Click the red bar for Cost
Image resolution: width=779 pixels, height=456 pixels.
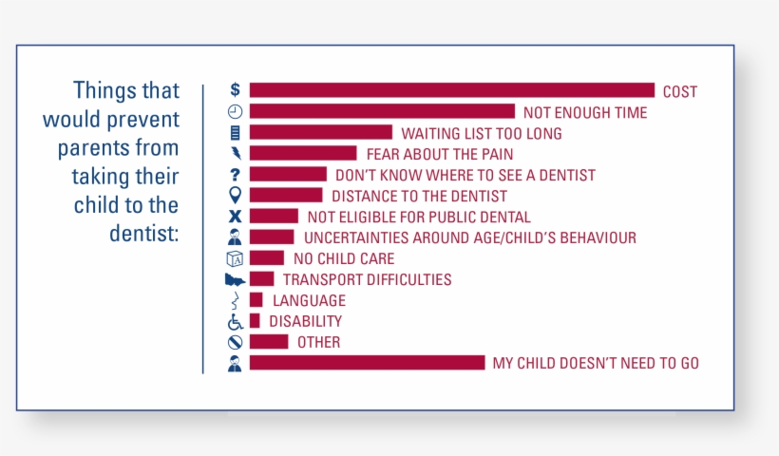point(452,90)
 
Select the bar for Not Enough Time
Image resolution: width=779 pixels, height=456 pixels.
point(382,111)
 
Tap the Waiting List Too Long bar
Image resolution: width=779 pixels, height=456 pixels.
point(321,132)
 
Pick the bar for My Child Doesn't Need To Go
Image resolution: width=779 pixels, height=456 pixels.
point(367,363)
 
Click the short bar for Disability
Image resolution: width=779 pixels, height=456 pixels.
point(255,321)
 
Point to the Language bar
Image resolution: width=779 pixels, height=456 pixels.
point(256,299)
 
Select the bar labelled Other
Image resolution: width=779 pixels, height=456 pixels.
point(269,342)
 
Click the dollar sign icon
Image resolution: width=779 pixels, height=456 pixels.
point(235,89)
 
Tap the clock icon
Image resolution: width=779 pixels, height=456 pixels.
point(235,111)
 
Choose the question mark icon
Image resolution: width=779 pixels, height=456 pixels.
point(235,175)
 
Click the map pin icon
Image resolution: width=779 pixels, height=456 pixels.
point(235,195)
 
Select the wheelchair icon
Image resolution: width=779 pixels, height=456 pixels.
point(235,321)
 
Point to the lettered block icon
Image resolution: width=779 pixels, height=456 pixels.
point(235,258)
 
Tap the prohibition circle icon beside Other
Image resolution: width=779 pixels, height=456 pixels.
point(235,342)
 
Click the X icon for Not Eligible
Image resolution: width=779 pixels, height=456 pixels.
point(235,216)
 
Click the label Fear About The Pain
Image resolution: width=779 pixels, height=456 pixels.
point(440,154)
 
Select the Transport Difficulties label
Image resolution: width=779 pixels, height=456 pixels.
point(367,279)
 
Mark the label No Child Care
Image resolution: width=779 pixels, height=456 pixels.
point(344,258)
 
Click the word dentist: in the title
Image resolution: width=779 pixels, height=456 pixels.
point(144,233)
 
